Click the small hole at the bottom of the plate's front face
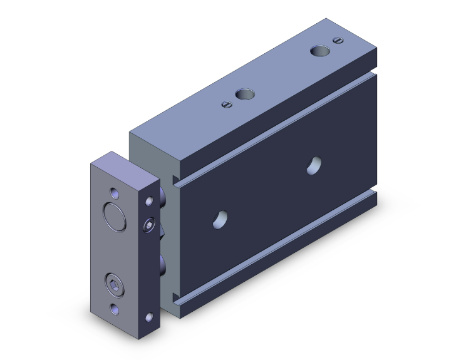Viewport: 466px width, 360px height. [115, 308]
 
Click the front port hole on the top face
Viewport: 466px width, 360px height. [244, 95]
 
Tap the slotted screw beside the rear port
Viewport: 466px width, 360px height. [339, 41]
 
